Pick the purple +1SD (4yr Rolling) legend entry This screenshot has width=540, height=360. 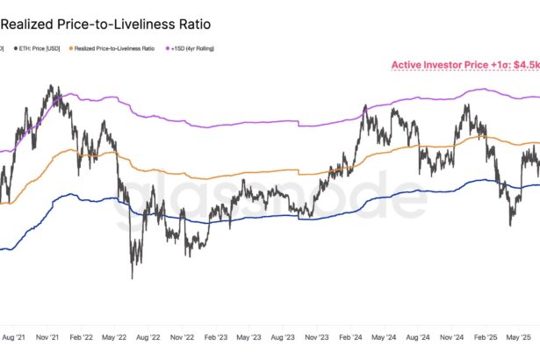(x=191, y=47)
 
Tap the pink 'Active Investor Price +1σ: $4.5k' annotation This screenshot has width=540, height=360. (x=464, y=64)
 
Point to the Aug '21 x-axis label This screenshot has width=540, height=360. (x=14, y=336)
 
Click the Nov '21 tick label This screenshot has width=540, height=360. (x=47, y=336)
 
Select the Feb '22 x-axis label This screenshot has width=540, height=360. (x=82, y=336)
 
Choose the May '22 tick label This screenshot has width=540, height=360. (x=115, y=336)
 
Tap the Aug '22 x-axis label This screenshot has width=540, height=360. (x=148, y=336)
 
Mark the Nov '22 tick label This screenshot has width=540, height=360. (x=183, y=336)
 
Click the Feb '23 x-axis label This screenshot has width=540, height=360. (x=216, y=336)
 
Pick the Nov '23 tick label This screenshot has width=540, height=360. (x=317, y=336)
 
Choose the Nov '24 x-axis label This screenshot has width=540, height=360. (x=452, y=336)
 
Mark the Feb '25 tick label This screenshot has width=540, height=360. (x=486, y=336)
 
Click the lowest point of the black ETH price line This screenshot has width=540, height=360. (x=133, y=278)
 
